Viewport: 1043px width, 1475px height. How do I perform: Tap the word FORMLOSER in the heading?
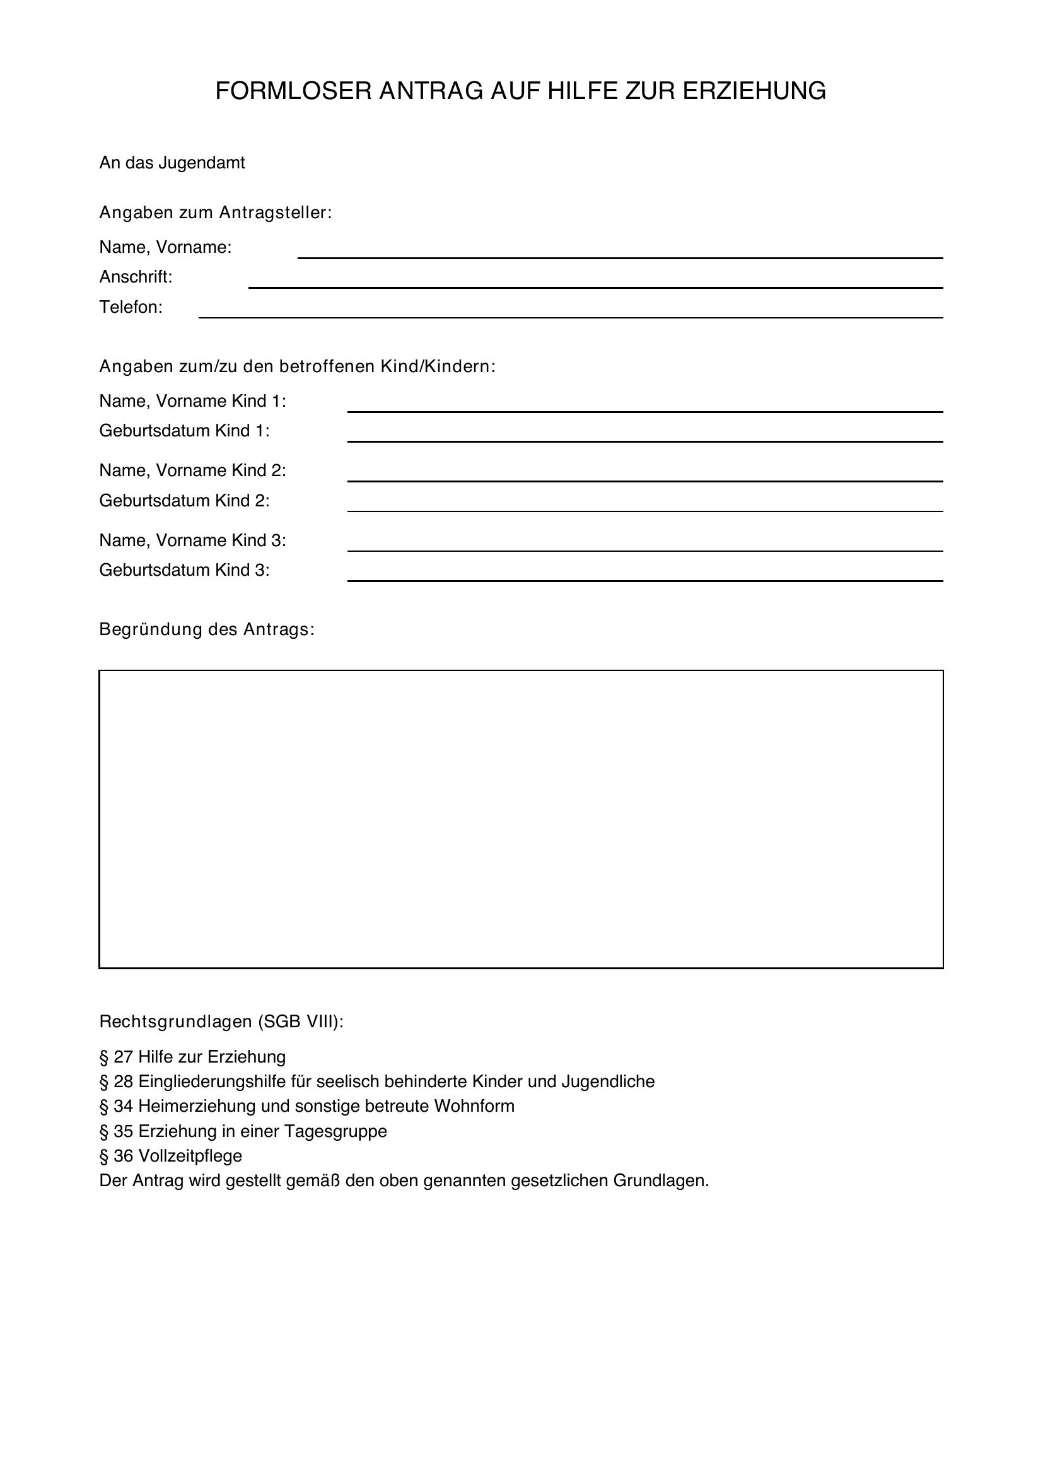point(293,91)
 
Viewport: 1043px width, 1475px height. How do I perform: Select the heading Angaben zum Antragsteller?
point(215,213)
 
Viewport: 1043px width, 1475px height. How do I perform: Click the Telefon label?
point(131,307)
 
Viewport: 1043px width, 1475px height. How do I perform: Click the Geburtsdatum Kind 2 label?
point(184,501)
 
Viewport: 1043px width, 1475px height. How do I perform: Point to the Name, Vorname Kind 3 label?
point(193,540)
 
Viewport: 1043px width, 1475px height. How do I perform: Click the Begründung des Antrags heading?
point(207,629)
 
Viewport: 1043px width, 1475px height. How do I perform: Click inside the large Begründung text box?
point(521,819)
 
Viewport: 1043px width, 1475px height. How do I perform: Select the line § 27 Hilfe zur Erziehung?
point(193,1057)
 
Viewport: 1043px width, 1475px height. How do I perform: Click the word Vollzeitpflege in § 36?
point(190,1157)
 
